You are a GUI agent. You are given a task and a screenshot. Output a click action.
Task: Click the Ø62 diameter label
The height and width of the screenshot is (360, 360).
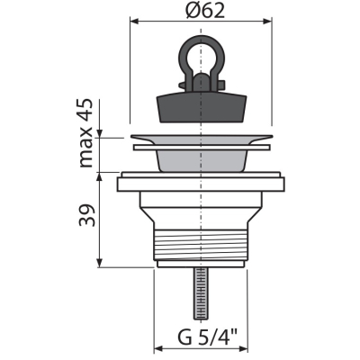coord(204,11)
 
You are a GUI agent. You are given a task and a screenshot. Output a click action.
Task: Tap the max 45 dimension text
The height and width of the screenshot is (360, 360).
coord(85,133)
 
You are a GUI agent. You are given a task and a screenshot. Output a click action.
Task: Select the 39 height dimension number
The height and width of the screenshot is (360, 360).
coord(86,215)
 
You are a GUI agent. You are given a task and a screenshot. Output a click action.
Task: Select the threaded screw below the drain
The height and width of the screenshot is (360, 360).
coord(201,293)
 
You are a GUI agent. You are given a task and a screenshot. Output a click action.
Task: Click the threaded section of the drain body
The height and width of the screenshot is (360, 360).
coord(201,245)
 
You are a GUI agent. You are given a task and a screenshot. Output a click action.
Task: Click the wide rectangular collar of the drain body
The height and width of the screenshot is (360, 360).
coord(201,184)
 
